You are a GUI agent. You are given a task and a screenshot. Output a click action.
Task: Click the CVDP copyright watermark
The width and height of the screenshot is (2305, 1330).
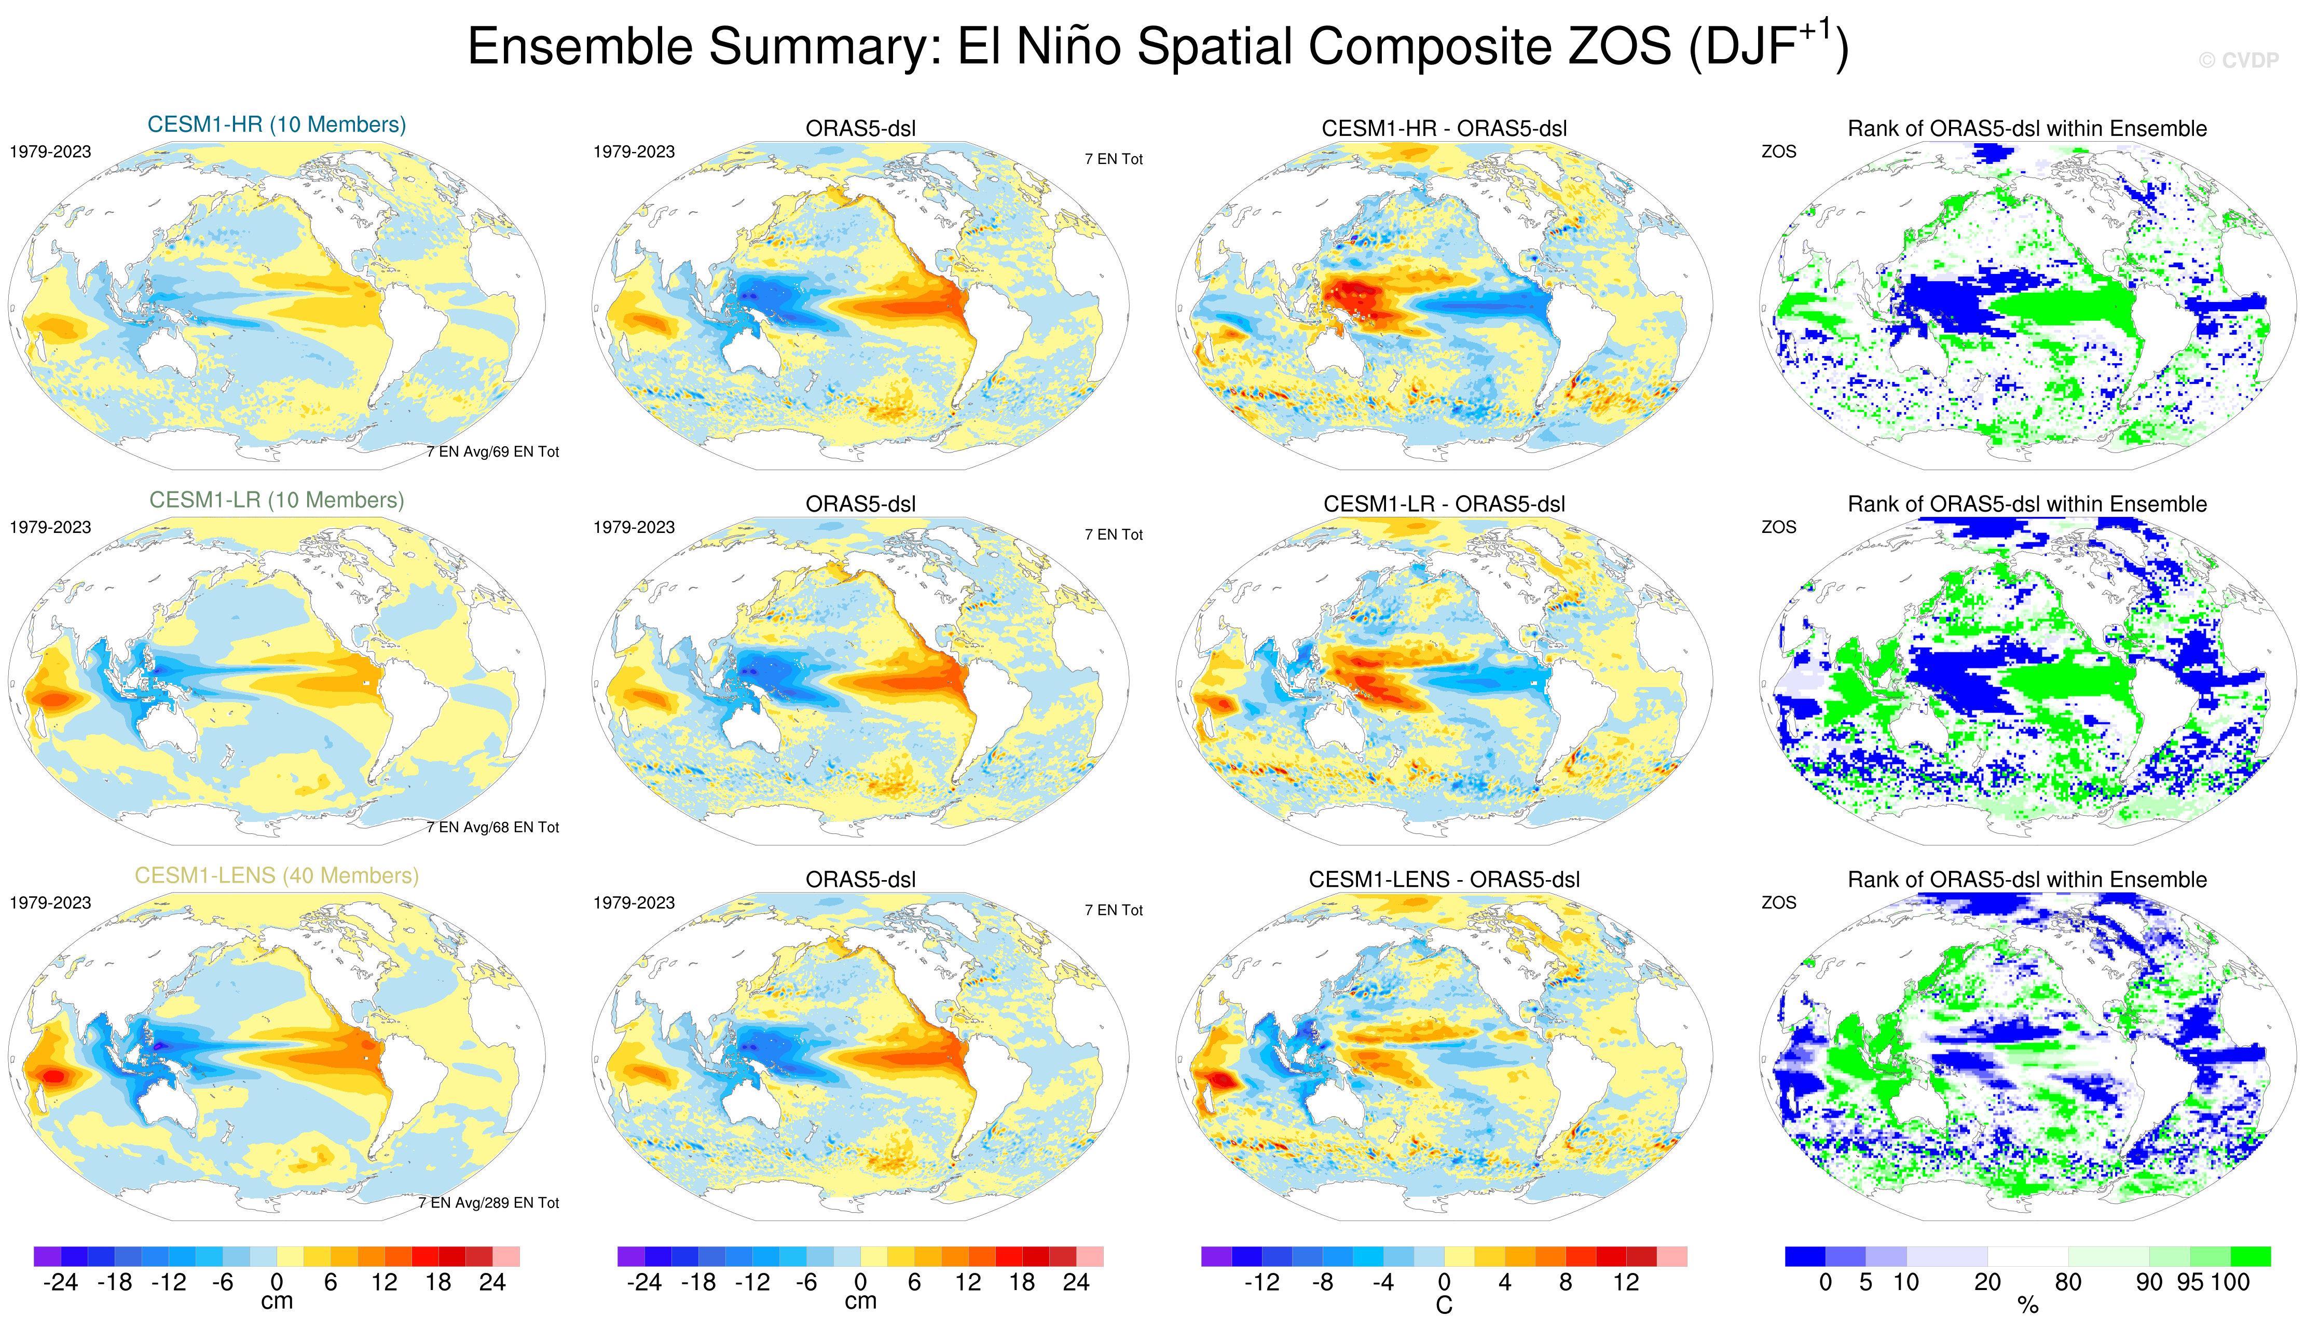tap(2239, 60)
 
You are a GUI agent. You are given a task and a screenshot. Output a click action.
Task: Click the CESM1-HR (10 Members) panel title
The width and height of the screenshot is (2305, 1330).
tap(277, 124)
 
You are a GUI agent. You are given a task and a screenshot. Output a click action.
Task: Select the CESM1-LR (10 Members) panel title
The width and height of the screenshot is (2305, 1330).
tap(277, 500)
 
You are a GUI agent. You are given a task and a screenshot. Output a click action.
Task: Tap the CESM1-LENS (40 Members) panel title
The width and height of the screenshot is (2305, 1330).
tap(277, 875)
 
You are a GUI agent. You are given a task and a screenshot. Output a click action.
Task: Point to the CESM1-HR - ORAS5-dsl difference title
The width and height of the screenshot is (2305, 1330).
tap(1444, 129)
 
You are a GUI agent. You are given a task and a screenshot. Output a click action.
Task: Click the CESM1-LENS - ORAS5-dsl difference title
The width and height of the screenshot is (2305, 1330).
tap(1444, 880)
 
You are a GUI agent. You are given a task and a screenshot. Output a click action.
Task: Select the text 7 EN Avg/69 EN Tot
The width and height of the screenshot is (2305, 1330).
tap(492, 451)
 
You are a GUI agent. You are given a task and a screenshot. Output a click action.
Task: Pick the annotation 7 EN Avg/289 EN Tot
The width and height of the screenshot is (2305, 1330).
tap(489, 1202)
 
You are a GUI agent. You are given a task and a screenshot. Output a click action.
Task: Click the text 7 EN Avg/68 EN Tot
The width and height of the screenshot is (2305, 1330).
tap(492, 827)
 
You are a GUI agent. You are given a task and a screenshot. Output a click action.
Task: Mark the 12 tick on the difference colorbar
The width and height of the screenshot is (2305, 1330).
tap(1626, 1282)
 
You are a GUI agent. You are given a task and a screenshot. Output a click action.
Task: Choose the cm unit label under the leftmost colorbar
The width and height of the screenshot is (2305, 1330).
tap(277, 1301)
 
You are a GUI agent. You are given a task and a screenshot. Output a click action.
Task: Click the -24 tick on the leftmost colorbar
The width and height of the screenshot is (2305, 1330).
tap(60, 1282)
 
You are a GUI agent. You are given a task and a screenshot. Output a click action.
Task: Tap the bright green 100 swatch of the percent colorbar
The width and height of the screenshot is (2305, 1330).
tap(2250, 1256)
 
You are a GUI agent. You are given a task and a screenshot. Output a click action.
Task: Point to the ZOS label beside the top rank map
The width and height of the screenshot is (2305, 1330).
tap(1778, 152)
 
